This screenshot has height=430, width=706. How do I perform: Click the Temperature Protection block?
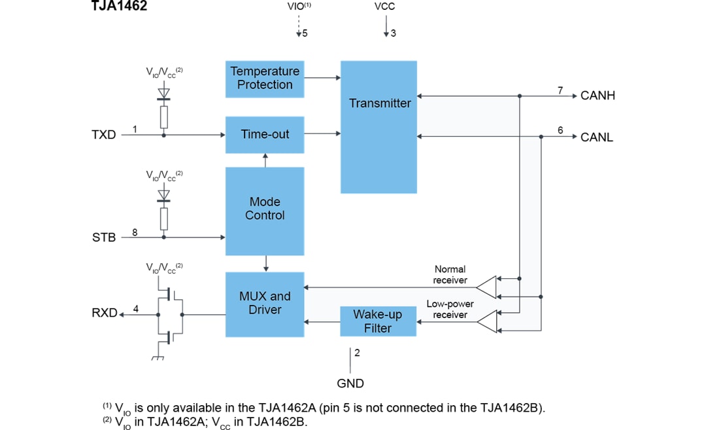click(265, 78)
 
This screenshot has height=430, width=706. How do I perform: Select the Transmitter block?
click(378, 126)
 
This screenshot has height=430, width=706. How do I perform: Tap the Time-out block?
click(265, 135)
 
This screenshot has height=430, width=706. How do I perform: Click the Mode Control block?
click(265, 211)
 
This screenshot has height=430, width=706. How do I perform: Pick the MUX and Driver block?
click(265, 304)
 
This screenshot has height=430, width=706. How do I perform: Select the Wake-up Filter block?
click(378, 321)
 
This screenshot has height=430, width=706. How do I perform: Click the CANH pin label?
click(597, 96)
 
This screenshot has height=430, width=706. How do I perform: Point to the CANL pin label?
click(597, 137)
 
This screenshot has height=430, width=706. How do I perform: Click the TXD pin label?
click(103, 135)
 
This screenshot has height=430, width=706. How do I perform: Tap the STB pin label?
click(103, 238)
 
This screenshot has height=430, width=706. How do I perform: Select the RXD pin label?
click(104, 314)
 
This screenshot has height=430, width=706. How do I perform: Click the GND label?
click(350, 384)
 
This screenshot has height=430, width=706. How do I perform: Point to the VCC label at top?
click(384, 7)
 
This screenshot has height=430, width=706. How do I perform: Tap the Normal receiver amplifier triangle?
click(486, 284)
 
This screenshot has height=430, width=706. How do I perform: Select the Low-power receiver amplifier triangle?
click(486, 320)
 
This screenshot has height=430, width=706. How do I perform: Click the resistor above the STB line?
click(163, 219)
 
